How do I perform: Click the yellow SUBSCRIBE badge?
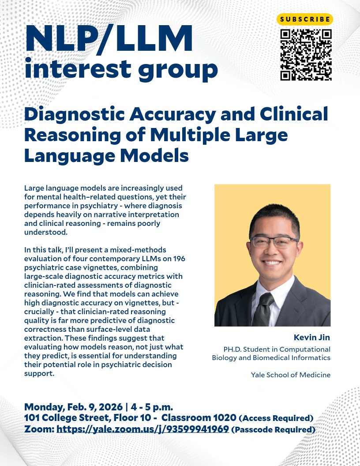point(305,19)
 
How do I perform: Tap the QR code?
point(306,55)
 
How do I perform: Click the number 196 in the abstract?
point(179,258)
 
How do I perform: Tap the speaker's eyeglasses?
point(274,241)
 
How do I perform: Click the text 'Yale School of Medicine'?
point(291,375)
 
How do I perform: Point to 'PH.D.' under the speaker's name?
point(234,349)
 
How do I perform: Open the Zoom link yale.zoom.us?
point(142,429)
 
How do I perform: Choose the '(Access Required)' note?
point(276,418)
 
